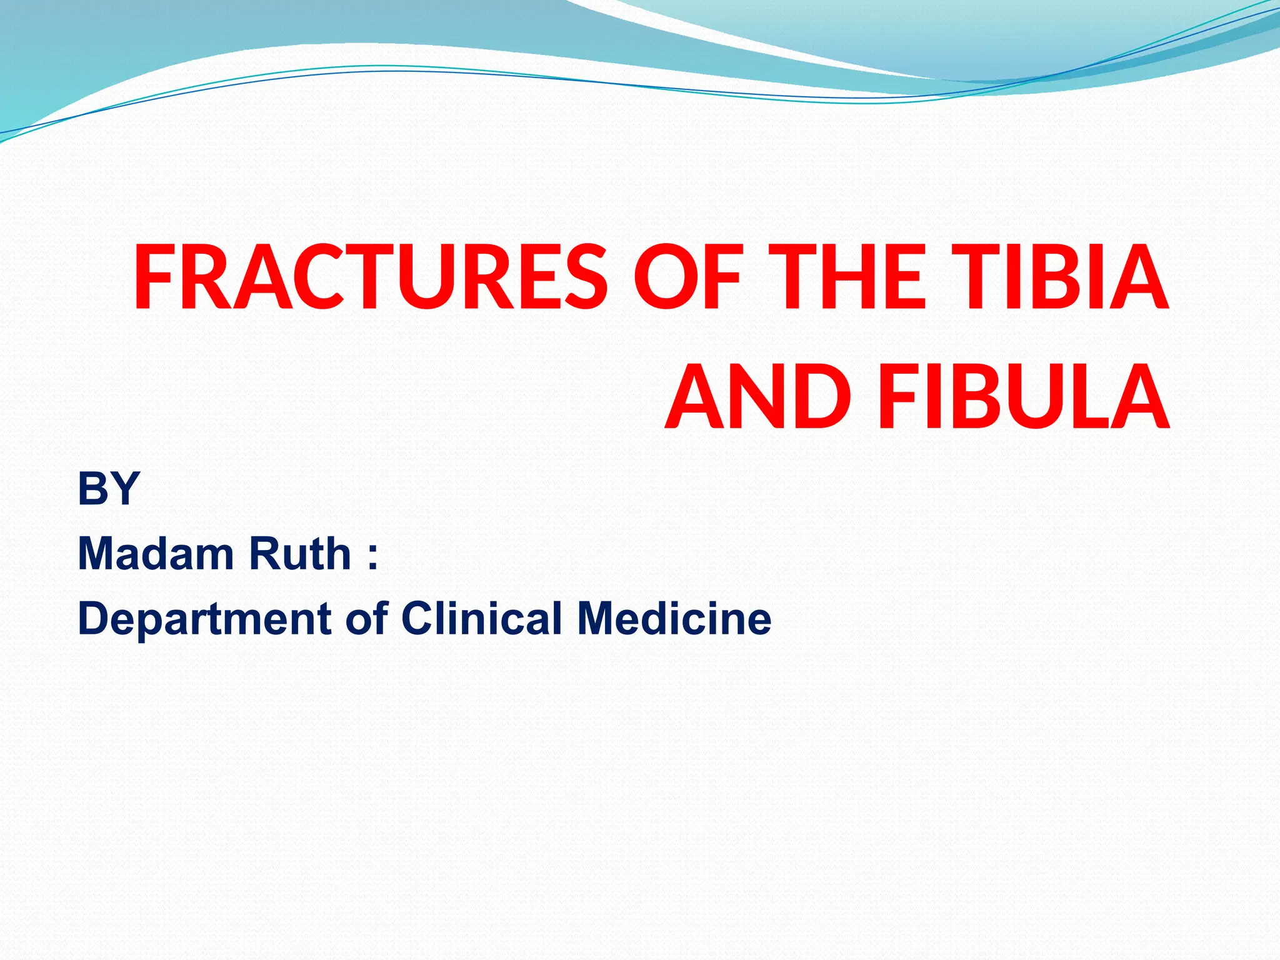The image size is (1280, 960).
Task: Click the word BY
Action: pyautogui.click(x=109, y=488)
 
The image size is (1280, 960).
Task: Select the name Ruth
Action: pyautogui.click(x=300, y=554)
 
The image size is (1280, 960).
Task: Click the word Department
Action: pyautogui.click(x=204, y=619)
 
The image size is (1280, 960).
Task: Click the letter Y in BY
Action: pyautogui.click(x=124, y=488)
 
